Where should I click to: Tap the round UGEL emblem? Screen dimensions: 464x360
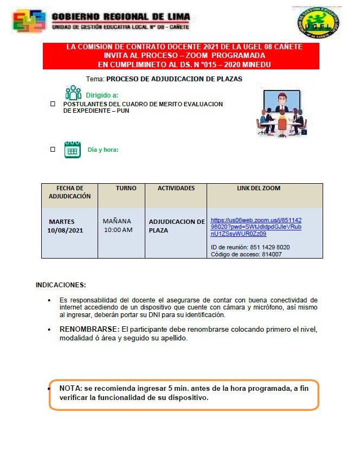click(319, 22)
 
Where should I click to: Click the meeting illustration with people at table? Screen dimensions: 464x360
click(281, 113)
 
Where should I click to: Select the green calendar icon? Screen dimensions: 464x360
click(72, 150)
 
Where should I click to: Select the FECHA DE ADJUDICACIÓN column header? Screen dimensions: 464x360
click(69, 192)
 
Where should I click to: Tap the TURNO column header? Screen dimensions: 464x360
click(126, 188)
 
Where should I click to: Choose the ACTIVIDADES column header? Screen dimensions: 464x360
click(176, 188)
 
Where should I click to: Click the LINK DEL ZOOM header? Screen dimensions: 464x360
click(259, 188)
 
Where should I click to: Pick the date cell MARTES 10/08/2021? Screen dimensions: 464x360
click(65, 226)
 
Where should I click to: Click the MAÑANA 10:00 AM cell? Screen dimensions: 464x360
click(118, 225)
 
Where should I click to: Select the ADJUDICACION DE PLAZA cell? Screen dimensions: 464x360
click(176, 225)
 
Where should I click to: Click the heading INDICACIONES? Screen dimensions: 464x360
click(61, 285)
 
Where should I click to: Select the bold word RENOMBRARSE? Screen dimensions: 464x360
click(89, 329)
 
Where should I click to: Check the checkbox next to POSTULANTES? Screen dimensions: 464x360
click(53, 103)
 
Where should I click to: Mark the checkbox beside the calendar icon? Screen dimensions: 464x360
click(53, 149)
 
